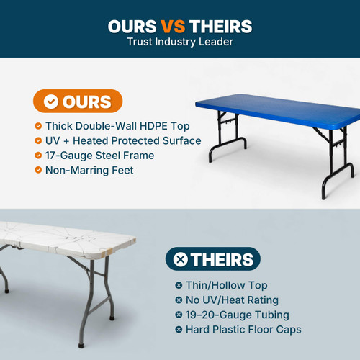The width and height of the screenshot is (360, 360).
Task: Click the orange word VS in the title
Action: pos(172,27)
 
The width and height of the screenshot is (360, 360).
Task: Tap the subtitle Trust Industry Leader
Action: pos(180,42)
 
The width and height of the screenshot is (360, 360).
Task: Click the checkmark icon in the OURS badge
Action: pos(51,102)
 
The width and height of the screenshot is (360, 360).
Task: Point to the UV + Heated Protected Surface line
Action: pos(122,140)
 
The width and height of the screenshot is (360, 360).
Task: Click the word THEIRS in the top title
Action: pos(221,27)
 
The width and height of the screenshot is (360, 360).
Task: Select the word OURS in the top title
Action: pos(132,27)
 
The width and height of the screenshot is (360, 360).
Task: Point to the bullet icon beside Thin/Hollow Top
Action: pos(179,284)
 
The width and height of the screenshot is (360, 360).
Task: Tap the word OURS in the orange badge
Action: pos(86,102)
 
